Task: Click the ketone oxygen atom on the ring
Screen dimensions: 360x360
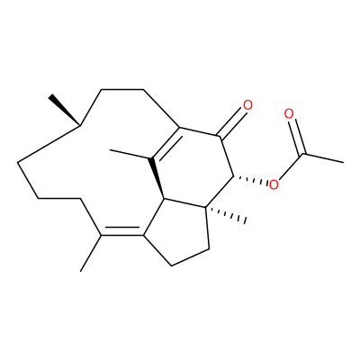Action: coord(247,105)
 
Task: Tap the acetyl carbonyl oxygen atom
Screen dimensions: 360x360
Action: coord(289,114)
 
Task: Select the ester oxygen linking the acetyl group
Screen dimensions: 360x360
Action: coord(274,184)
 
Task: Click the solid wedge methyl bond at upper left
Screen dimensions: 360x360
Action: coord(65,111)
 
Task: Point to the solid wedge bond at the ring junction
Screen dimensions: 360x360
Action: coord(157,178)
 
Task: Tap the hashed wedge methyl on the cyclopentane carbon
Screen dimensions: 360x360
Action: coord(226,214)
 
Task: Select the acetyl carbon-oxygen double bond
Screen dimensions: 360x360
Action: coord(297,137)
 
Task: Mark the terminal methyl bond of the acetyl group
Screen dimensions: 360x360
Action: coord(323,158)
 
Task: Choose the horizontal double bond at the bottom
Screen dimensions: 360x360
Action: coord(122,232)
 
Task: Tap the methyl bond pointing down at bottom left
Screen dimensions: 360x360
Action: coord(91,253)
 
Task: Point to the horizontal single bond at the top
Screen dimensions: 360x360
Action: coord(122,89)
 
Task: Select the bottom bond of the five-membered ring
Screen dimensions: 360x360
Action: coord(190,256)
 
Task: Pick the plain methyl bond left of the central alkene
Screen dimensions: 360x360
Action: coord(130,154)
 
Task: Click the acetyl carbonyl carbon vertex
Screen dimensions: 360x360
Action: coord(303,154)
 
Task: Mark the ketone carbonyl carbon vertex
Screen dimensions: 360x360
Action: coord(221,138)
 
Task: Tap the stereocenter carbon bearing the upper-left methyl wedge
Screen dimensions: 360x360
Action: coord(80,125)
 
